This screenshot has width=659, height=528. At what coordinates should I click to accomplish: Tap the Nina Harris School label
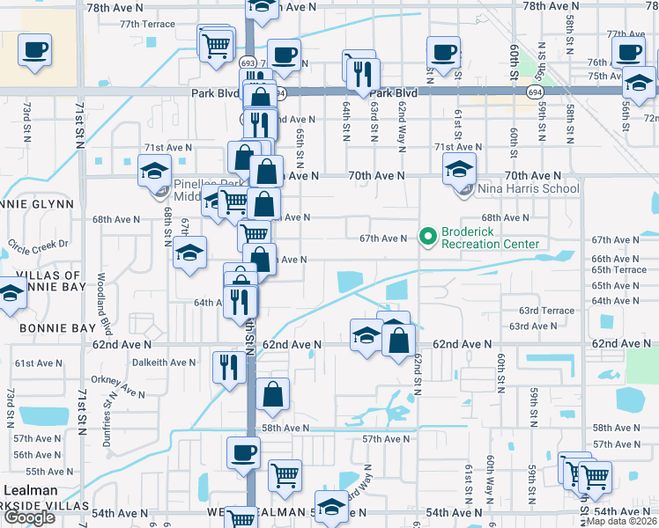coord(528,188)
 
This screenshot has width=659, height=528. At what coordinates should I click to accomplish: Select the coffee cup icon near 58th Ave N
coord(244,453)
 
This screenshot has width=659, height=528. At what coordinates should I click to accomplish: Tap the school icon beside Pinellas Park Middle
coord(154,170)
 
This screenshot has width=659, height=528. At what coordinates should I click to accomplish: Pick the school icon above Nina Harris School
coord(459,169)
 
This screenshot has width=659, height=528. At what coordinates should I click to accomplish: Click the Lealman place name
coord(30,490)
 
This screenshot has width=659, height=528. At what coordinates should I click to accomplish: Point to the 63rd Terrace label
coord(546,311)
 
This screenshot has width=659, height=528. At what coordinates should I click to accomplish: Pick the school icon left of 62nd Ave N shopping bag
coord(367,334)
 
